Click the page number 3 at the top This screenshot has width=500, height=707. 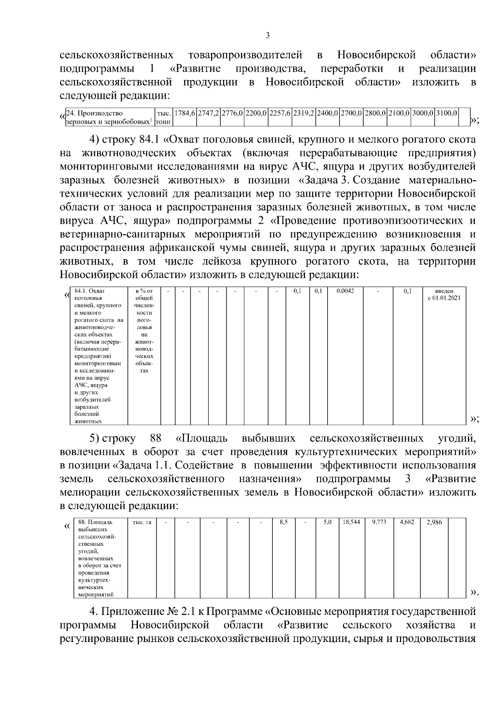(267, 35)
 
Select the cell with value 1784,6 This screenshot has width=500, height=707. (185, 113)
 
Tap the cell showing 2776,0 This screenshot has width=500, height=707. (232, 113)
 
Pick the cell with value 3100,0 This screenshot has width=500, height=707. (447, 113)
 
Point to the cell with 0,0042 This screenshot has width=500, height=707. (345, 291)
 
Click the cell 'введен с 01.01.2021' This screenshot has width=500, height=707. (444, 295)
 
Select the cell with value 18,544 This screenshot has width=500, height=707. (351, 522)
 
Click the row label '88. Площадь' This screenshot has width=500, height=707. (95, 522)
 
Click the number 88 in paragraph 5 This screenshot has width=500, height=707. (155, 438)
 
